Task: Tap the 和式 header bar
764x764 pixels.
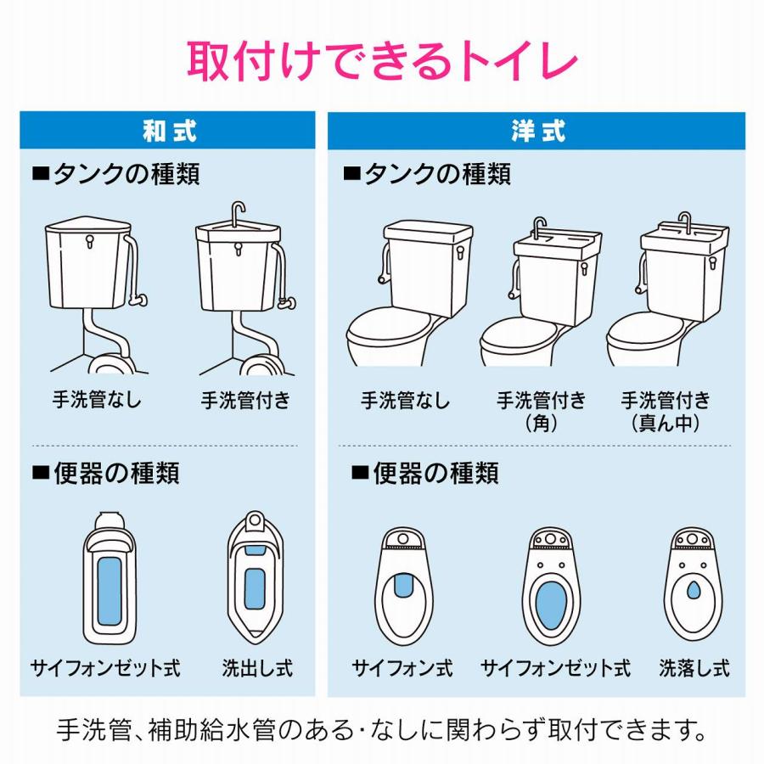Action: [x=168, y=131]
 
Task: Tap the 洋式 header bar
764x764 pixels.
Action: [x=536, y=131]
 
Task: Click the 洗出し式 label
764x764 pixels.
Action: [x=257, y=668]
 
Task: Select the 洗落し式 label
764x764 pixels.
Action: [x=694, y=668]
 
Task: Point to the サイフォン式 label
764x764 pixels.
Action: [x=402, y=668]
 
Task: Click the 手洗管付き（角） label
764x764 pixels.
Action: [x=541, y=412]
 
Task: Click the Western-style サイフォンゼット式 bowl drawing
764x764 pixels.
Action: [x=556, y=586]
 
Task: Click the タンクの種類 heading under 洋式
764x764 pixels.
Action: [x=427, y=175]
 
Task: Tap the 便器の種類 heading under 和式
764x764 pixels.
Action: [x=106, y=473]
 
